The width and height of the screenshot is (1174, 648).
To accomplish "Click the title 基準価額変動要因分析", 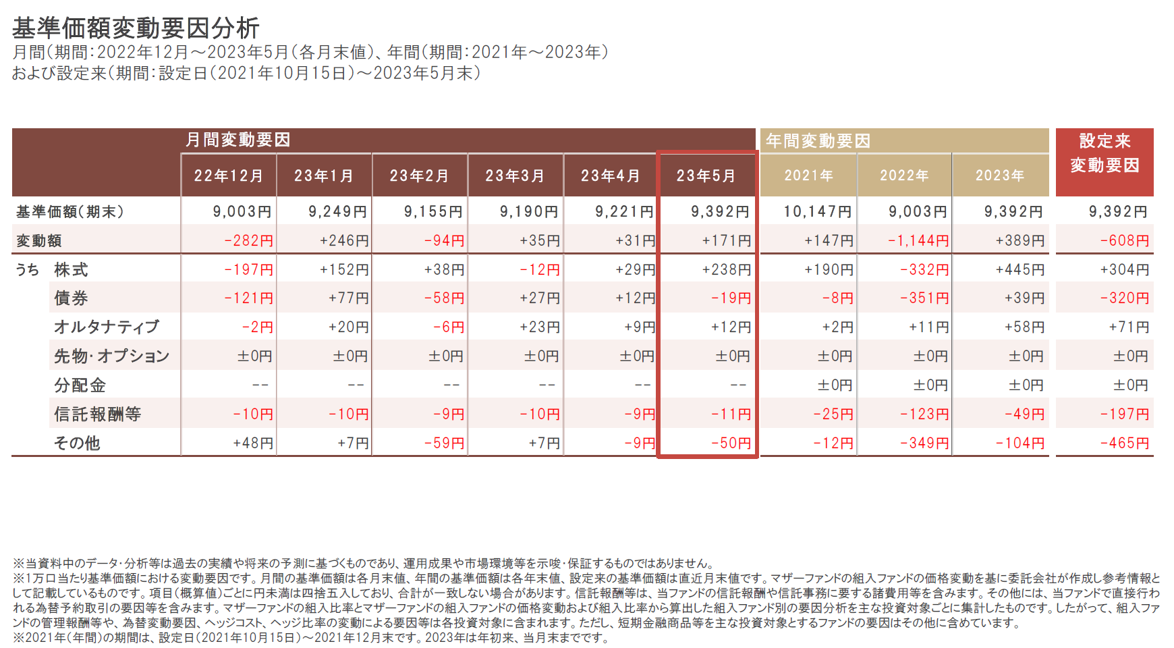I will (136, 28).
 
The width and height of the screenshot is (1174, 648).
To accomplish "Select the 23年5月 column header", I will (706, 176).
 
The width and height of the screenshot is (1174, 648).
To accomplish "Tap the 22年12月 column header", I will (229, 176).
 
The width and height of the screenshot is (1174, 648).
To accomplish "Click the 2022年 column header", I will (904, 175).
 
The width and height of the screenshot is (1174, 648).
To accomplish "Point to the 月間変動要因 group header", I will (237, 140).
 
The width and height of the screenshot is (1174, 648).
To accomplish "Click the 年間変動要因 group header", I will (818, 140).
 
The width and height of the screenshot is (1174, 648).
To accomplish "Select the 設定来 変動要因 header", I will (1105, 153).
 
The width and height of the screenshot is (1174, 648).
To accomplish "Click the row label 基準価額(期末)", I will (70, 212).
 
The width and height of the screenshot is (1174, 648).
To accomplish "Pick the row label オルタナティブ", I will (107, 327).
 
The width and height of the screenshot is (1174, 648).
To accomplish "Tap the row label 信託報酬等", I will (98, 414).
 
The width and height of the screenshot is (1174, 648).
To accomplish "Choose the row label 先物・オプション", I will (112, 356).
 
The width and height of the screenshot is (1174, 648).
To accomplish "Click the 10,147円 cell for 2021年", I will (818, 212).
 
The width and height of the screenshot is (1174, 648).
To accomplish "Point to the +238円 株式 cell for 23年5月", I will (727, 270).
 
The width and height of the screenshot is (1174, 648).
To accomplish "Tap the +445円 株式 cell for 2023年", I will (1019, 270).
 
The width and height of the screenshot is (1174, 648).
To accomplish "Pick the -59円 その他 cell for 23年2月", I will (444, 443).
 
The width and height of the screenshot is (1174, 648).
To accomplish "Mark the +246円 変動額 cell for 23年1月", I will (344, 241).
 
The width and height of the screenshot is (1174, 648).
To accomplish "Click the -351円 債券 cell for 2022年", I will (924, 298).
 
